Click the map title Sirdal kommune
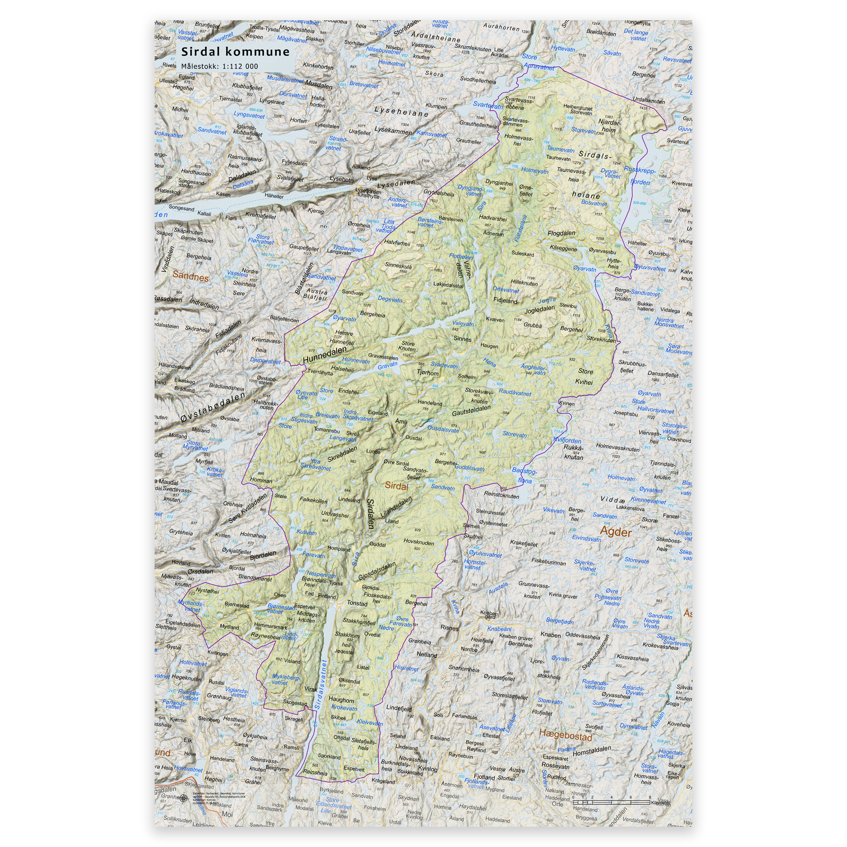click(x=235, y=52)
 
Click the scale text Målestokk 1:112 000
click(x=220, y=67)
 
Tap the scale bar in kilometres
click(x=611, y=802)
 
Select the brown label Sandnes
click(x=190, y=277)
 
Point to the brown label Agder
click(x=615, y=532)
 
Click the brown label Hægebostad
click(x=565, y=735)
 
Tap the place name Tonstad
click(x=357, y=603)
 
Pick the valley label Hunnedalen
click(x=324, y=354)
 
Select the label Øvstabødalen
click(x=213, y=408)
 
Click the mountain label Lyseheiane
click(x=401, y=112)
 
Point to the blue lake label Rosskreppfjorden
click(x=640, y=176)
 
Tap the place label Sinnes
click(x=462, y=339)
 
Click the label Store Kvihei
click(x=585, y=377)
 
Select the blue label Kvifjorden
click(x=567, y=440)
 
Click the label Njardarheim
click(x=609, y=126)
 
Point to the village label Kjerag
click(x=316, y=211)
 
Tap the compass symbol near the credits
click(x=183, y=797)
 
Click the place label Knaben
click(x=550, y=635)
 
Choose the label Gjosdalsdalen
click(x=377, y=571)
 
